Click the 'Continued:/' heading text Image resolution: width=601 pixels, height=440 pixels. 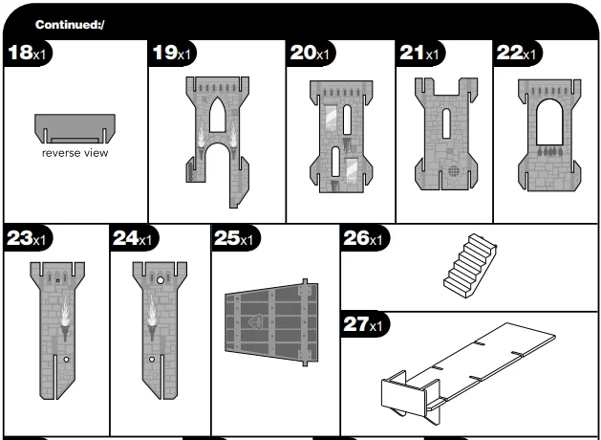click(x=70, y=24)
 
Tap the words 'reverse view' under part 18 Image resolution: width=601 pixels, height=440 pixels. click(x=74, y=153)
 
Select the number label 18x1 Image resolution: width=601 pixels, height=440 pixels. click(x=27, y=54)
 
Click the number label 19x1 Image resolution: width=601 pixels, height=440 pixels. click(x=172, y=54)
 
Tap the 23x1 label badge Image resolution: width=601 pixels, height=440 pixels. click(x=27, y=239)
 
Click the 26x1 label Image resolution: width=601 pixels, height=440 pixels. click(x=363, y=239)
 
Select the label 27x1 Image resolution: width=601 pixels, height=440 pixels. click(x=363, y=325)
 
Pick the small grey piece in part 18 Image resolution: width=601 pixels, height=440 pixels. click(x=75, y=126)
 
